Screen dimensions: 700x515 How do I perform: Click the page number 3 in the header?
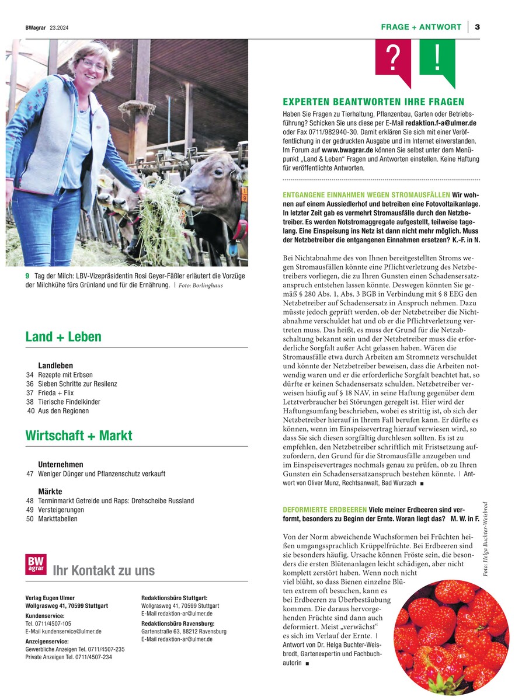point(477,27)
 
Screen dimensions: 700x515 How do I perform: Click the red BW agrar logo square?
point(35,564)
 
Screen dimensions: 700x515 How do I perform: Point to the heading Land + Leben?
point(63,337)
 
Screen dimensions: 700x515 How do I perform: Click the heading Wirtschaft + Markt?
point(79,436)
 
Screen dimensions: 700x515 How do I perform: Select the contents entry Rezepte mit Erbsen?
point(65,374)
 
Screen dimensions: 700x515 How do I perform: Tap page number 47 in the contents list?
point(30,474)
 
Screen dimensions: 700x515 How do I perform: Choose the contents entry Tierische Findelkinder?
point(69,402)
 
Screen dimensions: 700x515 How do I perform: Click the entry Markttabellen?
point(58,518)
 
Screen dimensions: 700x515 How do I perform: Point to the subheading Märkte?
point(50,492)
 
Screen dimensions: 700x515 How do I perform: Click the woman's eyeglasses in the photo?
point(93,63)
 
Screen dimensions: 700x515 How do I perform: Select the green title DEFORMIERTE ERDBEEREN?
point(325,510)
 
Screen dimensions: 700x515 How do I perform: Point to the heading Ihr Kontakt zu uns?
point(103,570)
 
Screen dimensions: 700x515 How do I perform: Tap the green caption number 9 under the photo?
point(27,276)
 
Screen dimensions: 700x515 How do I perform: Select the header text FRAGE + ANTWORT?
point(420,27)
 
